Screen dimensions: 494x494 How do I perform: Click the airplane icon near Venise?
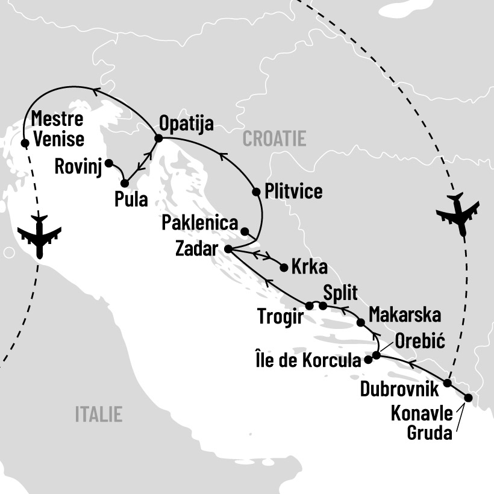tap(40, 236)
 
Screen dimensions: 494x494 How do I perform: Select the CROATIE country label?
tap(274, 139)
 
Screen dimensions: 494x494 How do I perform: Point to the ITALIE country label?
tap(98, 414)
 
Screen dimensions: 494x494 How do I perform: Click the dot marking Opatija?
tap(158, 139)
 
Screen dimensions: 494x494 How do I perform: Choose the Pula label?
tap(131, 199)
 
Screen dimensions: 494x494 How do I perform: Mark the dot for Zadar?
tap(228, 248)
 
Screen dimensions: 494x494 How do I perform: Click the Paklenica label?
tap(199, 224)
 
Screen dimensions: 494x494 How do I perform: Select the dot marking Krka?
tap(284, 267)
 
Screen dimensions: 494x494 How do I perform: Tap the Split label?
tap(340, 293)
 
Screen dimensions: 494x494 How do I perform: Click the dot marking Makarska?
tap(360, 322)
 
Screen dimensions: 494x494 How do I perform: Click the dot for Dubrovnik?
tap(447, 383)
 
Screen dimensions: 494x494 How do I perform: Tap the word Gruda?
tap(429, 432)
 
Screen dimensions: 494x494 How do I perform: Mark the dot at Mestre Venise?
tap(25, 143)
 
